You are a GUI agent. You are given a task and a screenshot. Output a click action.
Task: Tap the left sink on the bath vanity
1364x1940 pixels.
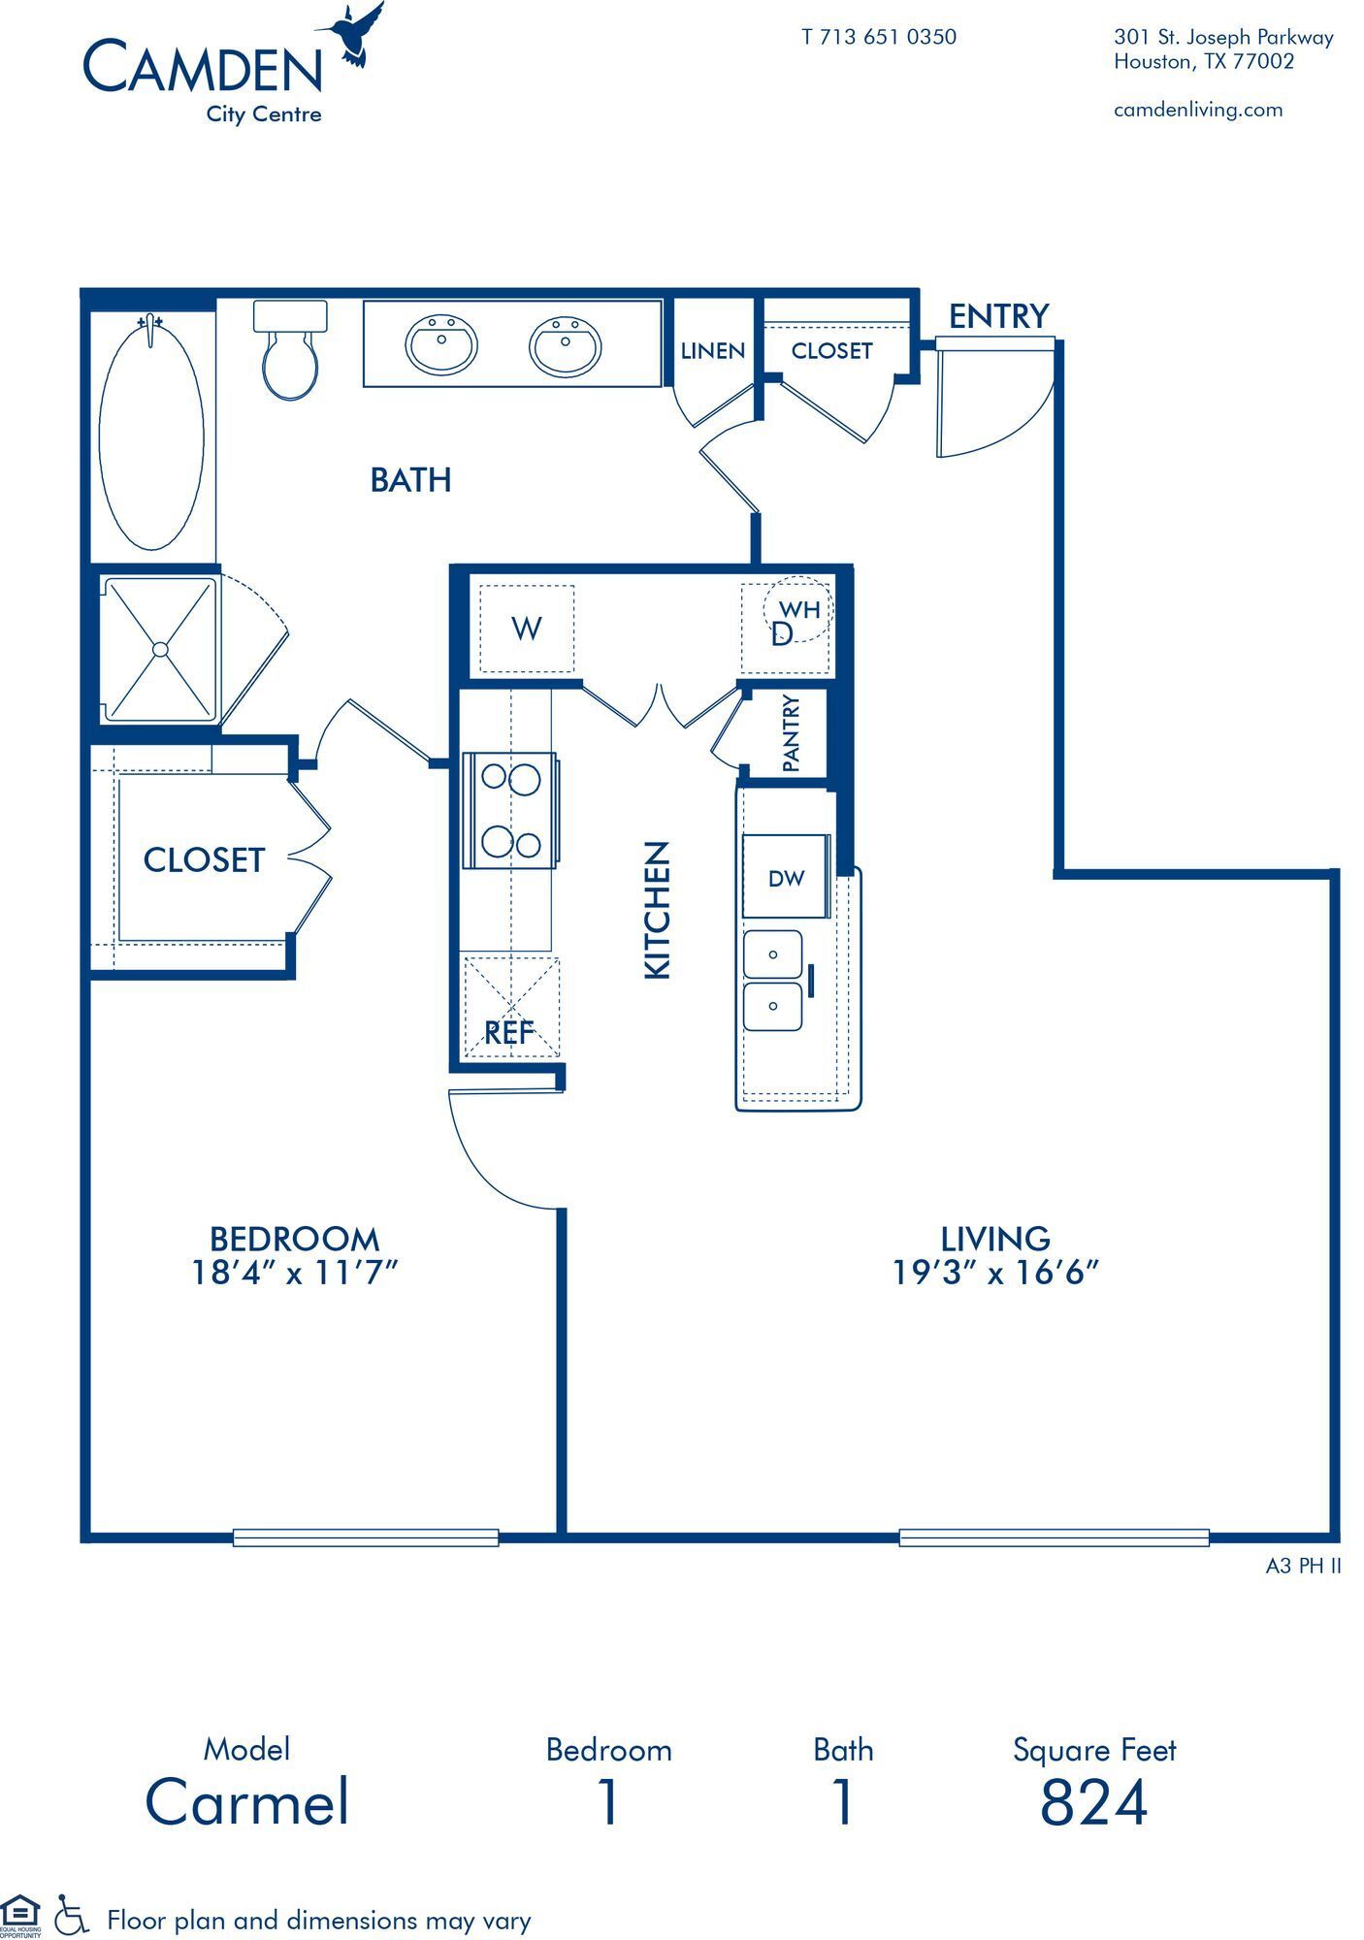(x=441, y=344)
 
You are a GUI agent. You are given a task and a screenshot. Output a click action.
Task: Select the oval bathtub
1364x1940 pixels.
(x=151, y=434)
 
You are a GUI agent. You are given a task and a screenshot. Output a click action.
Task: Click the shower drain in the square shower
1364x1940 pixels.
(x=160, y=649)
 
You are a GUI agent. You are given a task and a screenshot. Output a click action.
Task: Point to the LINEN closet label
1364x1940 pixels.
(x=712, y=351)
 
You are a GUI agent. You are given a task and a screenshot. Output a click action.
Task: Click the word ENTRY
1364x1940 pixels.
(x=998, y=316)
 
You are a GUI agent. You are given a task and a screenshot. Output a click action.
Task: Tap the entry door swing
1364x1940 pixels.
(x=990, y=403)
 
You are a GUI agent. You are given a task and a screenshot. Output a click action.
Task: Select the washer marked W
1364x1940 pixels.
(x=527, y=629)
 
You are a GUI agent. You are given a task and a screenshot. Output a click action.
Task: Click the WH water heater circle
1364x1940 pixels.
(x=797, y=607)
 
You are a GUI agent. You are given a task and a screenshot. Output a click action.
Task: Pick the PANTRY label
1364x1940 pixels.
(x=791, y=734)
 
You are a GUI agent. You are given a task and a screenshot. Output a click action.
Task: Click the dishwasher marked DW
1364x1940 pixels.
(x=786, y=878)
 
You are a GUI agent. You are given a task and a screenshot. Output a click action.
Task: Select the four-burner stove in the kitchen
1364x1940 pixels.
(x=511, y=811)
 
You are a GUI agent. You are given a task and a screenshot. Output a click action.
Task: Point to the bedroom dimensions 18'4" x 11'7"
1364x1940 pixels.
(x=295, y=1272)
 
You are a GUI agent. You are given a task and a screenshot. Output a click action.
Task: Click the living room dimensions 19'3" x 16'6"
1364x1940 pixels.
(x=995, y=1272)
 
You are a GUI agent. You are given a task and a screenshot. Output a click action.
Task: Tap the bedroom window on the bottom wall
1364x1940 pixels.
(x=366, y=1536)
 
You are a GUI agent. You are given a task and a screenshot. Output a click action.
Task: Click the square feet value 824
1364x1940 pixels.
(x=1093, y=1802)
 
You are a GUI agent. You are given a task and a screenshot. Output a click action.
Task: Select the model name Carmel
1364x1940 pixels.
(x=247, y=1802)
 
